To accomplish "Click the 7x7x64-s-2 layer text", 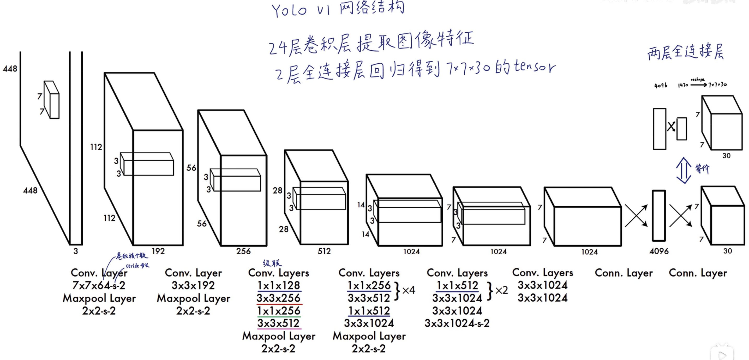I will pos(99,286).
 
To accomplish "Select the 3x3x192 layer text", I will pos(193,286).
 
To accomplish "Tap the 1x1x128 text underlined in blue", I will pos(279,286).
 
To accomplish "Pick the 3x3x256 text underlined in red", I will pos(278,298).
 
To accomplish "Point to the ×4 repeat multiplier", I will pos(409,290).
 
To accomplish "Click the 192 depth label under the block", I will pos(158,251).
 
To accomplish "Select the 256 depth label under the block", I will pos(243,251).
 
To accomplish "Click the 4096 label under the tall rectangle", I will pos(659,251).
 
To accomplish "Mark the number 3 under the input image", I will pos(76,251).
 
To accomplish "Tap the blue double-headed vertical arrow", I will pos(683,170).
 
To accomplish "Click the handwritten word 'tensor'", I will pos(534,67).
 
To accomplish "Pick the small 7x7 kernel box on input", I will pos(52,100).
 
